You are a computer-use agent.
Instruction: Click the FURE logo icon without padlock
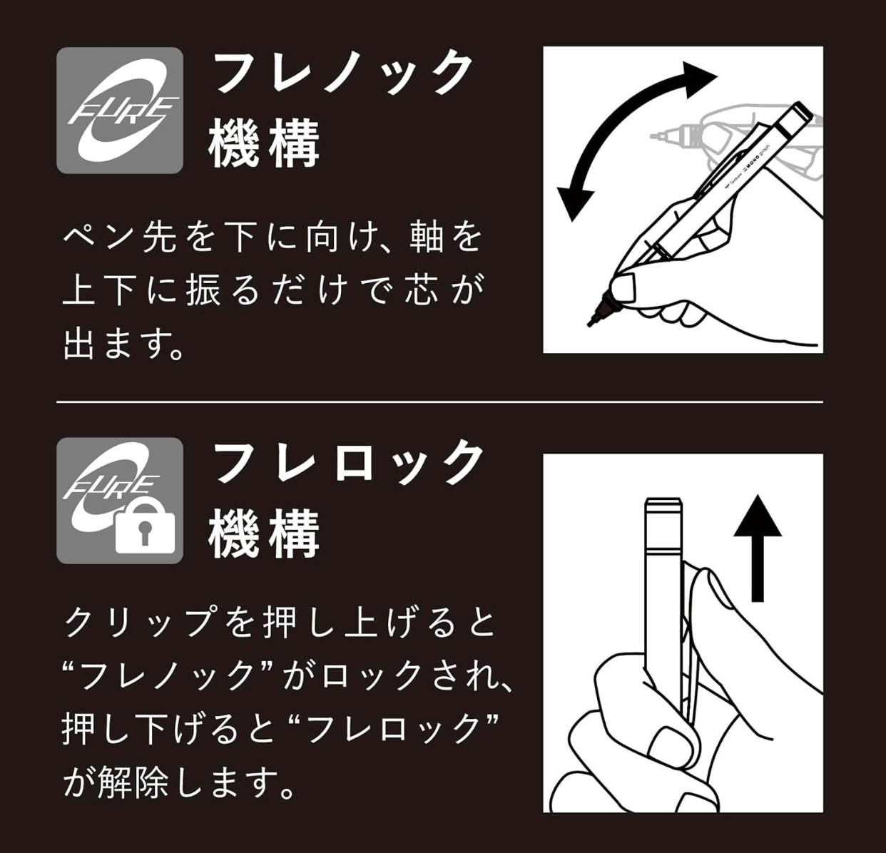(120, 111)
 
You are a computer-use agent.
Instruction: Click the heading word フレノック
(343, 72)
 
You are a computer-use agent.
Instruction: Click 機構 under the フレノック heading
(264, 144)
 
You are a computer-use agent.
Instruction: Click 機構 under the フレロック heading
(264, 534)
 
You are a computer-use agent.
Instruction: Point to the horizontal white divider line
(439, 402)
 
